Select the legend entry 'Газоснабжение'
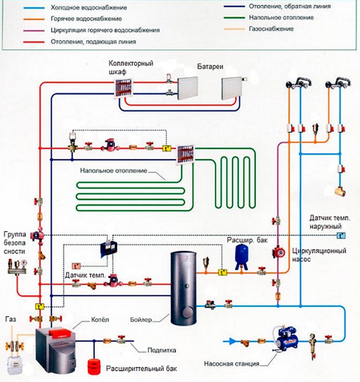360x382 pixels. (271, 28)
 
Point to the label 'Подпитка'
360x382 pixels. (159, 350)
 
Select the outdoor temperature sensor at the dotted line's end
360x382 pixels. (340, 236)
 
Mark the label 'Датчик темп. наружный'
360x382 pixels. (329, 222)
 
